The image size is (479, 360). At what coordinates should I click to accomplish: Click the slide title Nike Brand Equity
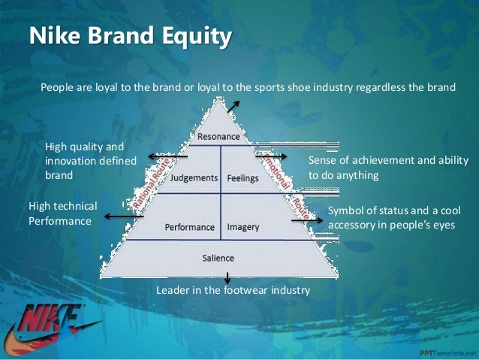(129, 36)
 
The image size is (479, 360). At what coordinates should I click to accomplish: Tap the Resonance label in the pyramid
(218, 137)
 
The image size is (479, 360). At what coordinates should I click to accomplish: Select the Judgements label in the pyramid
(194, 179)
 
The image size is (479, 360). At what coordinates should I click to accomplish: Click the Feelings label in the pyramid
(243, 179)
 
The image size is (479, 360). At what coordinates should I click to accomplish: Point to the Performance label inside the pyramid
(190, 226)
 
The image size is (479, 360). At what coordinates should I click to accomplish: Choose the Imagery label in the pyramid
(243, 226)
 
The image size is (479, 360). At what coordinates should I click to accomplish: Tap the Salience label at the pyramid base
(218, 258)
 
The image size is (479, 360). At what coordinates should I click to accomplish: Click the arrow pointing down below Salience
(227, 277)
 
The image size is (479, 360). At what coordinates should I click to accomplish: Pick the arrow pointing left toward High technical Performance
(122, 216)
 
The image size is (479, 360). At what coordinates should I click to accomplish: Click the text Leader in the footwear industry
(233, 289)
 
